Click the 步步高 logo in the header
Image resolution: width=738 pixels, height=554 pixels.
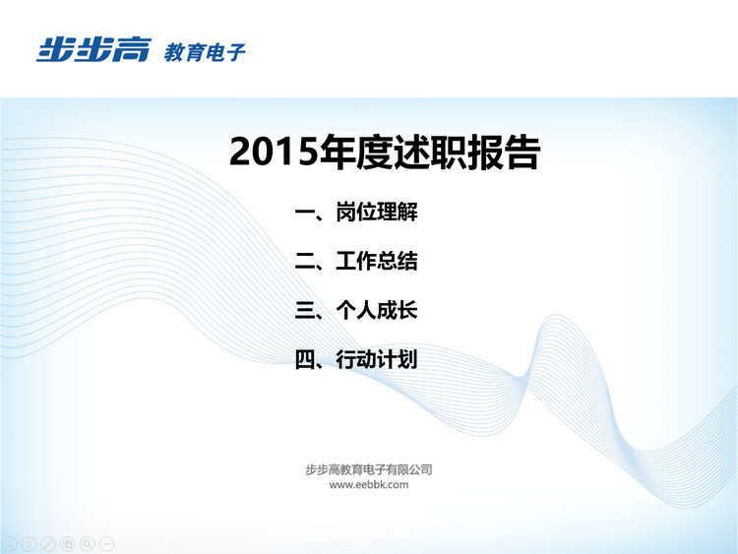[93, 49]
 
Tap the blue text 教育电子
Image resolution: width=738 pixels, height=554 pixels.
[205, 52]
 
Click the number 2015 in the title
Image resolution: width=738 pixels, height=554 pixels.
[274, 153]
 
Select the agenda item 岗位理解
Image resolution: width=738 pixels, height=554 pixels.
[377, 212]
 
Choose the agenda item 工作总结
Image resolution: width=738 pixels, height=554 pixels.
[377, 261]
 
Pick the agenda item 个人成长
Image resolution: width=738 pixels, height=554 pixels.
[377, 311]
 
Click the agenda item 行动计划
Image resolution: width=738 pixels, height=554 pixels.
[377, 360]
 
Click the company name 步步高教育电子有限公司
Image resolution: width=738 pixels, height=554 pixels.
[369, 469]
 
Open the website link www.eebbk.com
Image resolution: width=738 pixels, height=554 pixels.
[369, 485]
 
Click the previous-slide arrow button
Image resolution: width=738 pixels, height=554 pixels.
[9, 544]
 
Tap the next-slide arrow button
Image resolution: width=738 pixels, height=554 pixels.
[29, 544]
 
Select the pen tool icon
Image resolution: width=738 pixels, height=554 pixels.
[48, 544]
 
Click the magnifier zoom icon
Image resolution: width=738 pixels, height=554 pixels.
[87, 544]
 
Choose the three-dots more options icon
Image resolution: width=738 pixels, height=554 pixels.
[107, 544]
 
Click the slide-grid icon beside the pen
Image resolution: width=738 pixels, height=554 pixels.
[68, 544]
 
